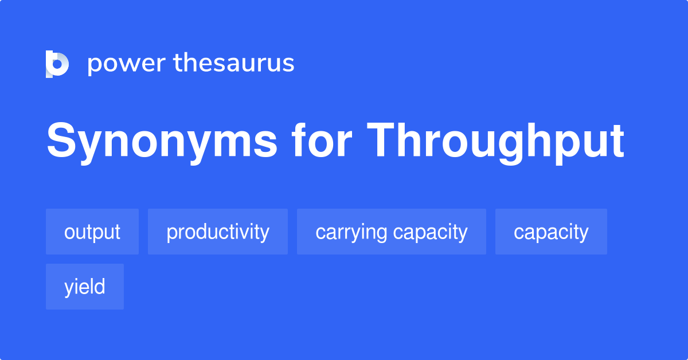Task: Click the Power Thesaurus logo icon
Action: click(57, 64)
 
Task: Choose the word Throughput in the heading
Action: click(495, 141)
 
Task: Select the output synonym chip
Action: click(92, 232)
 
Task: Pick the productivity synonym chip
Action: click(218, 232)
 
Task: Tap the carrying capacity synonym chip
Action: click(392, 232)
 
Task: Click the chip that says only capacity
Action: click(551, 232)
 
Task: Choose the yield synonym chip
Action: click(85, 287)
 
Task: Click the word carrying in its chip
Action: click(351, 232)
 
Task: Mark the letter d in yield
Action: click(100, 286)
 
